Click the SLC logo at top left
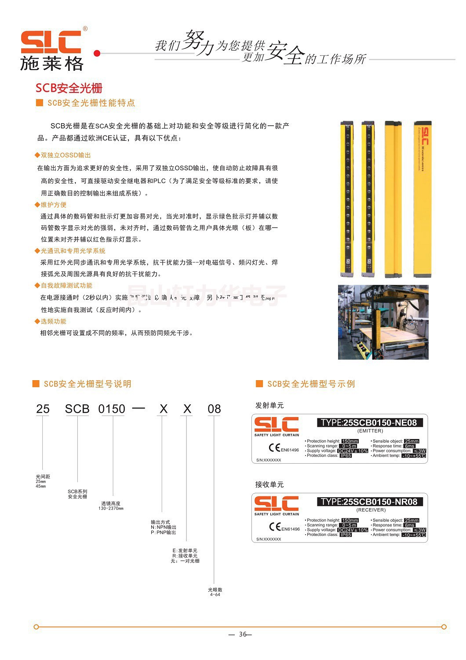coord(51,50)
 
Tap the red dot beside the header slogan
coord(97,53)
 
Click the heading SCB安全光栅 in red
coord(69,88)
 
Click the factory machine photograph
coord(383,322)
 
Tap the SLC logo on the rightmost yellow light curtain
coord(425,136)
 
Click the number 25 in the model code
coord(43,409)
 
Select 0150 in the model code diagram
coord(112,409)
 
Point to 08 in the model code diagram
coord(214,409)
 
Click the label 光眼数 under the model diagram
coord(215,590)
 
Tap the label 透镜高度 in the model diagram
coord(111,503)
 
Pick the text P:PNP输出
coord(164,532)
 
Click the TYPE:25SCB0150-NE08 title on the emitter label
coord(369,423)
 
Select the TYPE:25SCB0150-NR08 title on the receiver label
coord(369,502)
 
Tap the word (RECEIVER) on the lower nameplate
coord(371,510)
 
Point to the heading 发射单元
coord(269,405)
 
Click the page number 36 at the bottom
coord(243,634)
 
